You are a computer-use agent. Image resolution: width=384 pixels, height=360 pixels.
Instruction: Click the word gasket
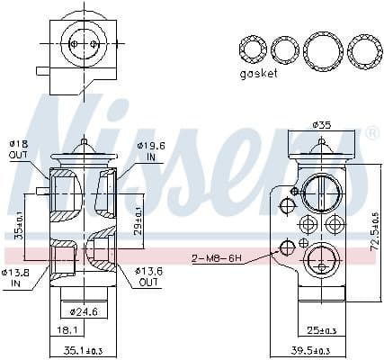259,74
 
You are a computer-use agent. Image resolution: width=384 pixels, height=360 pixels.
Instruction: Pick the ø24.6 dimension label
83,312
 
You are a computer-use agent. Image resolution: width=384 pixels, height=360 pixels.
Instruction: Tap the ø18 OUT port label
18,148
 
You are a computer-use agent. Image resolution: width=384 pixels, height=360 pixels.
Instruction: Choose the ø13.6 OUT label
148,276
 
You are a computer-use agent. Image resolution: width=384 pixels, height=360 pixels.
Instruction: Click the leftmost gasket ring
252,50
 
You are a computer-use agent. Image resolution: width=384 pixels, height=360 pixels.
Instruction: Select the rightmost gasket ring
363,50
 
